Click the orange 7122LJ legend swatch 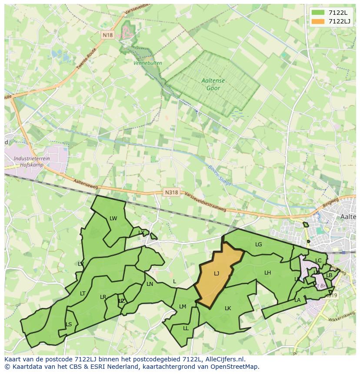318,21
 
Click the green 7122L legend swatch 318,13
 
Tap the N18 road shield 107,35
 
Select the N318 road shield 171,192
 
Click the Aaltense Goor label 211,84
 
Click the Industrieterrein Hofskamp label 31,162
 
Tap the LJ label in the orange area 217,274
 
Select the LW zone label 113,218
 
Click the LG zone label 259,245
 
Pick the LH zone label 267,273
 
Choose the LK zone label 228,308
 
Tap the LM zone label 183,307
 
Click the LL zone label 186,328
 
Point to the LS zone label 69,324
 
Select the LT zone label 83,294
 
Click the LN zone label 150,284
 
